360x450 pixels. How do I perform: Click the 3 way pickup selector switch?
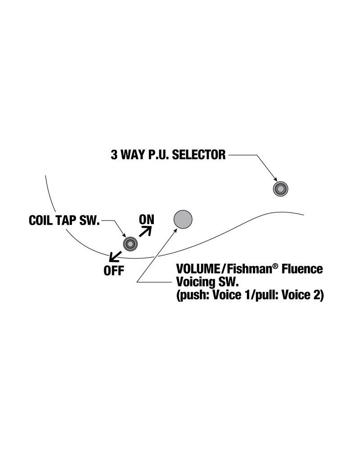coord(281,189)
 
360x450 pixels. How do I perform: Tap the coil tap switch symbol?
coord(130,243)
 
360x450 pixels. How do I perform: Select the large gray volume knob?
coord(183,219)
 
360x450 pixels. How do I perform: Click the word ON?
coord(147,219)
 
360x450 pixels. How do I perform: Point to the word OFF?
coord(114,271)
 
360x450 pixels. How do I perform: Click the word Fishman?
coord(243,269)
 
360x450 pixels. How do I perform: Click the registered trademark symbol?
coord(273,266)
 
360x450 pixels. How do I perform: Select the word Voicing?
coord(194,283)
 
